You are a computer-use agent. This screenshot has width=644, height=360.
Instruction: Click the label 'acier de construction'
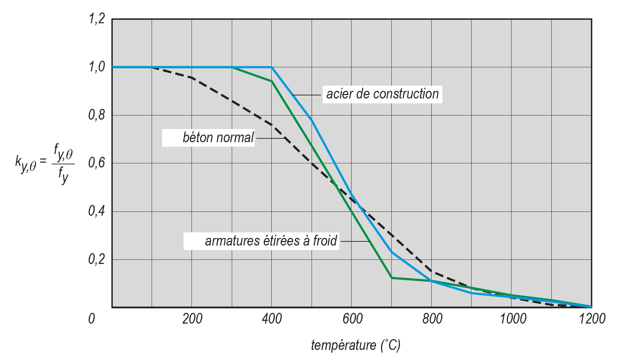(x=382, y=94)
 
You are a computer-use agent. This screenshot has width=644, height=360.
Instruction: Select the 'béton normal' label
(x=218, y=138)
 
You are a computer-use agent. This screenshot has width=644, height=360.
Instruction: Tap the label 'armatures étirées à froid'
(x=271, y=241)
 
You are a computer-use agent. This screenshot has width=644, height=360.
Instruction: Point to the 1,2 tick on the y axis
(x=97, y=19)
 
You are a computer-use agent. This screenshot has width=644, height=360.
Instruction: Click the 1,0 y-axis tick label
(x=97, y=67)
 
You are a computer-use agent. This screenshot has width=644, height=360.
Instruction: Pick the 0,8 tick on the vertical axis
(x=97, y=115)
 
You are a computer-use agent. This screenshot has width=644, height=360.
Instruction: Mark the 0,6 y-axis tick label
(x=97, y=163)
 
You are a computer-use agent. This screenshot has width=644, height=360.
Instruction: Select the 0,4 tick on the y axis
(x=97, y=211)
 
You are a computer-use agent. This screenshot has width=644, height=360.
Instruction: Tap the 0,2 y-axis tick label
(x=97, y=259)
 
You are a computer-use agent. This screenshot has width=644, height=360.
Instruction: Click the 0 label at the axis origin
(x=92, y=318)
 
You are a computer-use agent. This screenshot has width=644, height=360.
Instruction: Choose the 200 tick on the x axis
(x=192, y=318)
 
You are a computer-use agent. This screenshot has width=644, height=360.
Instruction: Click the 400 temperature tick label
(x=272, y=318)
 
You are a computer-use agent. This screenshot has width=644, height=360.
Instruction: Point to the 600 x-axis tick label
(x=352, y=318)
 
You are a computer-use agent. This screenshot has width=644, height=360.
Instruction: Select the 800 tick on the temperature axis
(x=432, y=318)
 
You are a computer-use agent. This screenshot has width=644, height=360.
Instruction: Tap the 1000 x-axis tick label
(x=512, y=318)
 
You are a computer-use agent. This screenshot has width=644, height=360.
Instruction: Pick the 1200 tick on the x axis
(x=592, y=318)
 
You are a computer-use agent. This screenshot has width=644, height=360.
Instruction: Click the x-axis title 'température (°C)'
(x=356, y=345)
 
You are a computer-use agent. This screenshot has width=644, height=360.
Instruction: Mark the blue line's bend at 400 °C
(x=272, y=67)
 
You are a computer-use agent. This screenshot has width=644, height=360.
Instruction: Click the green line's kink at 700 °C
(x=392, y=278)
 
